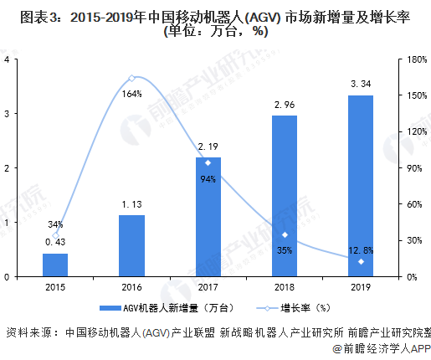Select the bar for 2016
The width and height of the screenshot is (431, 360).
[131, 245]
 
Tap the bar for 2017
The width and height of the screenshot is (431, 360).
[208, 216]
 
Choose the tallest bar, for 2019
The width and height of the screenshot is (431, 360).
[361, 185]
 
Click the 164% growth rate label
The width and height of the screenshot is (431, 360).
[131, 94]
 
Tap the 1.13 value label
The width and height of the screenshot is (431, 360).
[131, 203]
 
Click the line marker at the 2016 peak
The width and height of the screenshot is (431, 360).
[131, 78]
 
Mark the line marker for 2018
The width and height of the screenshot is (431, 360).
[285, 234]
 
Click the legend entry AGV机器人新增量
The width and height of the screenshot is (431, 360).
[154, 307]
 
